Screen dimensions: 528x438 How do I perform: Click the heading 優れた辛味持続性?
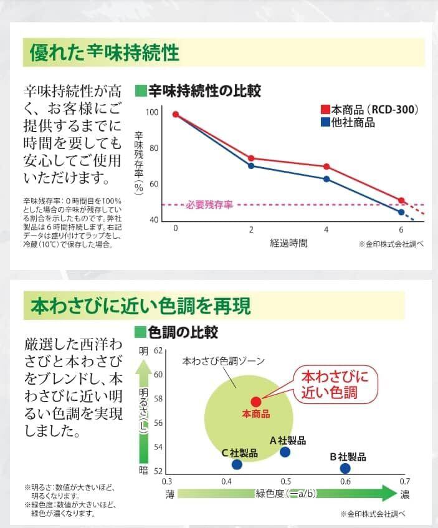click(x=105, y=53)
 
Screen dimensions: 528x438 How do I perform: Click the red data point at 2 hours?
click(x=251, y=158)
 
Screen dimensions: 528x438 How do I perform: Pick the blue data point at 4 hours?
click(x=326, y=179)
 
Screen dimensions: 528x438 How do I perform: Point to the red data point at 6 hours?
click(x=401, y=201)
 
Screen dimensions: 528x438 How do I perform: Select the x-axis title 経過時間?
click(x=288, y=242)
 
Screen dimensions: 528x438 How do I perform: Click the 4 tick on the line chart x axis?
click(x=326, y=229)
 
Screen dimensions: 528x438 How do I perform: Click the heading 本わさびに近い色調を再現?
click(x=141, y=306)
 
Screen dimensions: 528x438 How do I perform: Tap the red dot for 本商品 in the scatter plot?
click(x=255, y=401)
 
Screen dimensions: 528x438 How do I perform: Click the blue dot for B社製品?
click(x=345, y=468)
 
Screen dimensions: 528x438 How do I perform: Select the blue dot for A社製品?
click(x=285, y=452)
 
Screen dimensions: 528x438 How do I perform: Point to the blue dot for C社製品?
click(x=237, y=464)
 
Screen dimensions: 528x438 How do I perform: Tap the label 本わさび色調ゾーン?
click(x=224, y=362)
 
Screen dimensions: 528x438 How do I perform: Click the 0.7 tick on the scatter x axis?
click(x=404, y=481)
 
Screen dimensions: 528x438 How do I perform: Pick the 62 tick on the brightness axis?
click(x=158, y=351)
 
